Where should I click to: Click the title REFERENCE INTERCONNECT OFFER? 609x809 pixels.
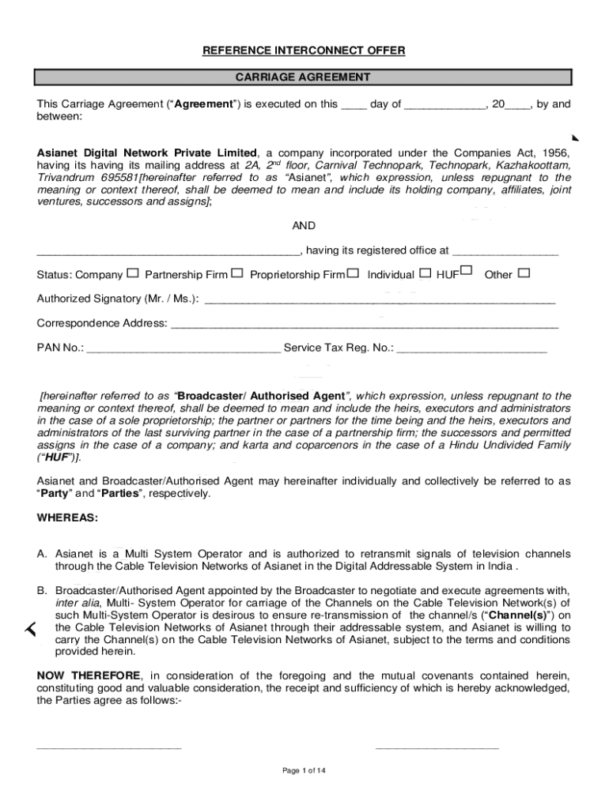(x=304, y=51)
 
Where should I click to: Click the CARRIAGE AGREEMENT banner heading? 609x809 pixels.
(x=304, y=77)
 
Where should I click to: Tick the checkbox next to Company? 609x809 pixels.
(x=132, y=273)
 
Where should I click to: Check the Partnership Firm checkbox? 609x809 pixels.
(x=237, y=273)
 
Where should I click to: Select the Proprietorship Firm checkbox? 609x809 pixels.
(x=353, y=273)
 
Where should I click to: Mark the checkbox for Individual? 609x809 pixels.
(x=425, y=273)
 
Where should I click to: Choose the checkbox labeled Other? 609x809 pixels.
(x=523, y=273)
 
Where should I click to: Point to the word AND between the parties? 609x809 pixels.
(x=304, y=226)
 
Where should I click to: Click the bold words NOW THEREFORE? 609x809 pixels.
(x=89, y=675)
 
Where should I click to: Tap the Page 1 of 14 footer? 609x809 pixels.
(x=304, y=771)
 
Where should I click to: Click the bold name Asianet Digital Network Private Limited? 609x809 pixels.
(x=148, y=152)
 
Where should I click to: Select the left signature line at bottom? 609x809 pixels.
(x=109, y=747)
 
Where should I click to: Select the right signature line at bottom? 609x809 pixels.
(x=437, y=747)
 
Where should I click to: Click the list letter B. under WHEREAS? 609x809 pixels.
(x=43, y=590)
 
